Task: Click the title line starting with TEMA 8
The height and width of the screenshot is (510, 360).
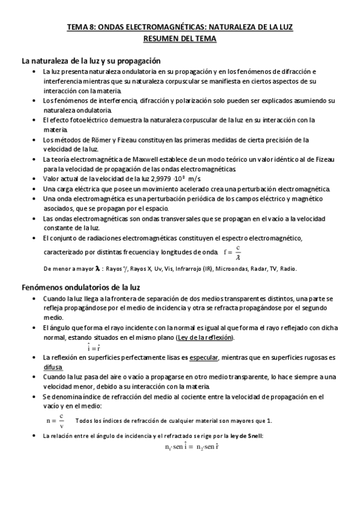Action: point(180,27)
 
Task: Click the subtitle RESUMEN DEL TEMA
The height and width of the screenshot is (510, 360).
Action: point(180,38)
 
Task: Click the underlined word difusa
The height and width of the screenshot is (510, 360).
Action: point(53,366)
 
